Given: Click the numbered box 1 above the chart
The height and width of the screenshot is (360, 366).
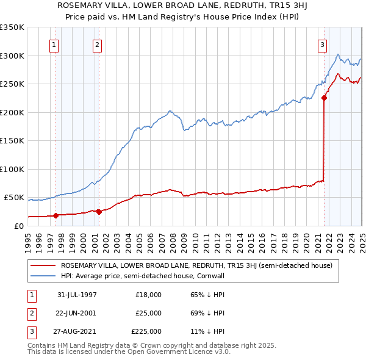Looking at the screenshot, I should (54, 44).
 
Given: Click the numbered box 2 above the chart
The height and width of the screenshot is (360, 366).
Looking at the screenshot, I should (98, 44).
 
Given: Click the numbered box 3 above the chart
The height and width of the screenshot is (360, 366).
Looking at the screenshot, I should (322, 44).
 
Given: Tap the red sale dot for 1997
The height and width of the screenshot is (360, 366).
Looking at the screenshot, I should (56, 215).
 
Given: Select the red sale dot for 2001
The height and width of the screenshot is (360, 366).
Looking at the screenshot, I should (99, 211).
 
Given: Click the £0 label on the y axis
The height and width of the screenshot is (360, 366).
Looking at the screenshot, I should (18, 226).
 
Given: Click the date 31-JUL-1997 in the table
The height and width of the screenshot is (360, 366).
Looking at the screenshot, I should (77, 295).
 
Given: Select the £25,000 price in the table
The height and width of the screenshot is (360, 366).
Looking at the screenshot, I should (148, 313).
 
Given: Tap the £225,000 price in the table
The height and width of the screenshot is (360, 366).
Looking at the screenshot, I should (146, 331).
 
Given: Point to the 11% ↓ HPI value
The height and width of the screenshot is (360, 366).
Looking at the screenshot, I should (208, 331).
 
